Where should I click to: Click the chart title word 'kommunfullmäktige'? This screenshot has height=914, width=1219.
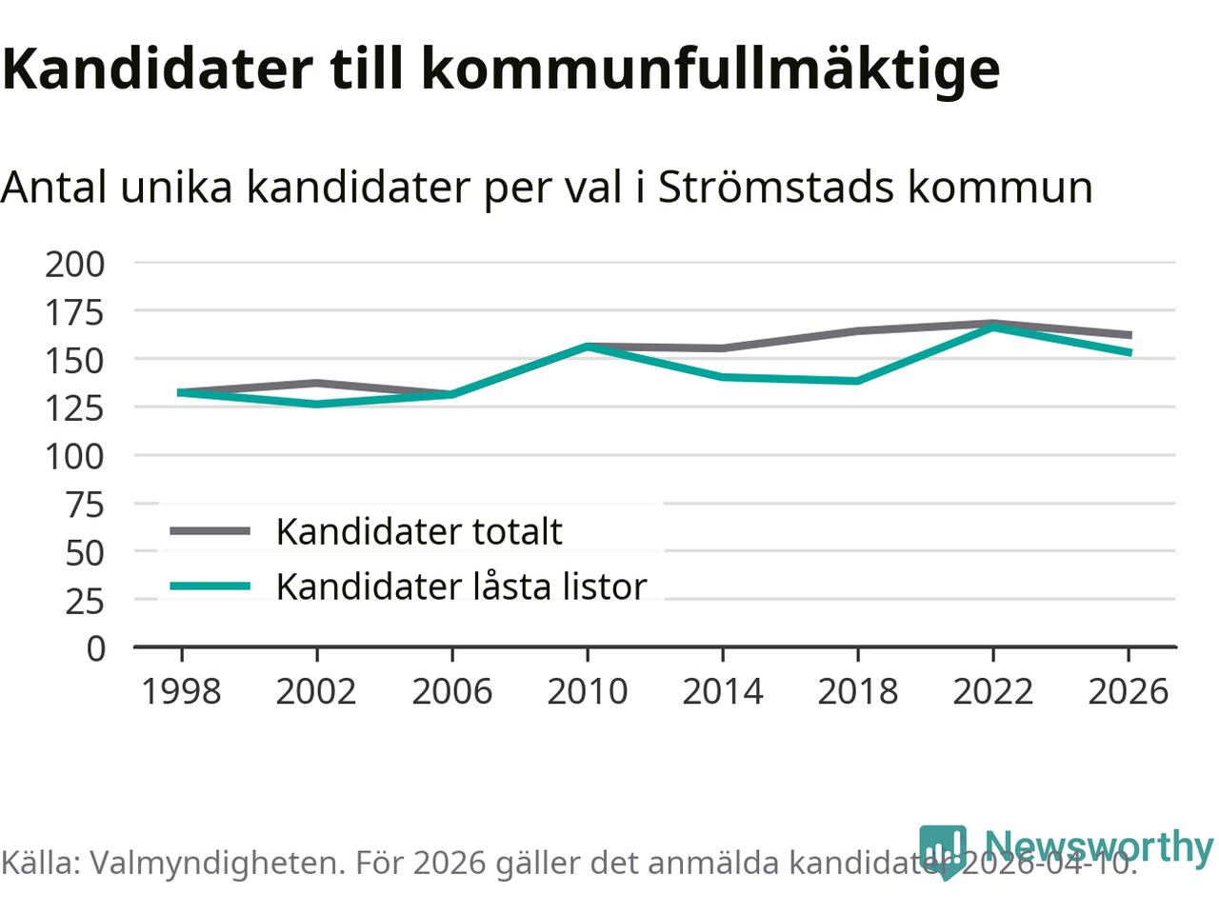tap(709, 69)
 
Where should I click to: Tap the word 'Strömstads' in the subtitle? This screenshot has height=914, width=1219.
tap(776, 187)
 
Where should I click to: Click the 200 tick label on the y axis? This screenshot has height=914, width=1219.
tap(75, 264)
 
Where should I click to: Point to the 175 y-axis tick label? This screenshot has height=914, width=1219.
tap(75, 312)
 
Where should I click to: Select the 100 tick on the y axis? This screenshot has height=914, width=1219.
tap(75, 456)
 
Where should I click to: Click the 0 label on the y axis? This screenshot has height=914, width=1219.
tap(95, 648)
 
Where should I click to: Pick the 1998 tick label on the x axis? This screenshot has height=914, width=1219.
tap(181, 691)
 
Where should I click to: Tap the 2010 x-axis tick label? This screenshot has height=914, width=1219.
tap(587, 691)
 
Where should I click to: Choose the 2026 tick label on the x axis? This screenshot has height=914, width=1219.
tap(1128, 691)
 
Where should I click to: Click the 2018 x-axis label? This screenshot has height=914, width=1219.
tap(857, 691)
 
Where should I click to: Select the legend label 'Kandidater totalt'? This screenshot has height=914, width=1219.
tap(419, 531)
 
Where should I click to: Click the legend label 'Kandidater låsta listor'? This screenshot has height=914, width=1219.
tap(461, 586)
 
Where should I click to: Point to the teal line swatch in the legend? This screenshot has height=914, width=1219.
tap(210, 586)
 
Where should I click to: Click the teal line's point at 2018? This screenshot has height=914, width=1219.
tap(857, 381)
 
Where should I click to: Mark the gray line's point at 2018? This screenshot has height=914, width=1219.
tap(857, 331)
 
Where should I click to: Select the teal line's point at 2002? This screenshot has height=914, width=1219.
tap(316, 404)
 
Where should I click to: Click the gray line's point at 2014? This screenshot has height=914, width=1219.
tap(722, 348)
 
